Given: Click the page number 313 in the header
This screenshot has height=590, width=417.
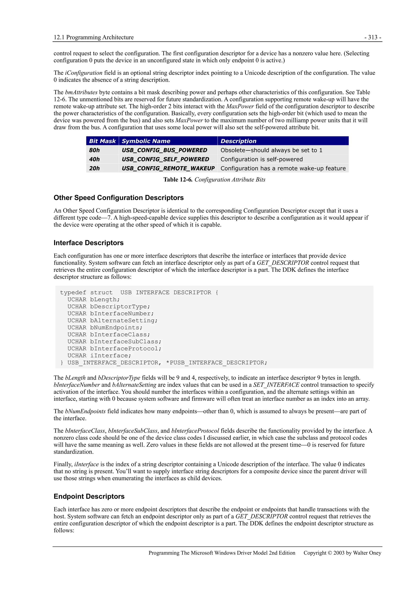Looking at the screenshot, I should tap(373, 37).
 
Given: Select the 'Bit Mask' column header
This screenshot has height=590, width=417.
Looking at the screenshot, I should tap(102, 141).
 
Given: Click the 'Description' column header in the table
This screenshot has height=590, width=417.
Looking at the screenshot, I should tap(238, 141).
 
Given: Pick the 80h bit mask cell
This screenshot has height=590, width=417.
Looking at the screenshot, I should tap(94, 150).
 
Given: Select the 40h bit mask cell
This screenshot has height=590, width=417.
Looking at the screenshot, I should tap(94, 159).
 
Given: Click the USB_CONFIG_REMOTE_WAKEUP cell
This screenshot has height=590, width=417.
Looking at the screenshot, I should tap(168, 168).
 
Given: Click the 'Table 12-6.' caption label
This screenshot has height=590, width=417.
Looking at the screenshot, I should tap(178, 180).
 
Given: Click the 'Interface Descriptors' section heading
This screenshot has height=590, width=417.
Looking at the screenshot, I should tap(88, 243).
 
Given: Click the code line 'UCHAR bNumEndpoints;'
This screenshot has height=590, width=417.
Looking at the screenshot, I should tap(105, 328).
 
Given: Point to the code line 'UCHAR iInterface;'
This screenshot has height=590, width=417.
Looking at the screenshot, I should tap(99, 356).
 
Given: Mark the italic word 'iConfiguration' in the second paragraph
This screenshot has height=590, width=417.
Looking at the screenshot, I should tap(83, 73).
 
